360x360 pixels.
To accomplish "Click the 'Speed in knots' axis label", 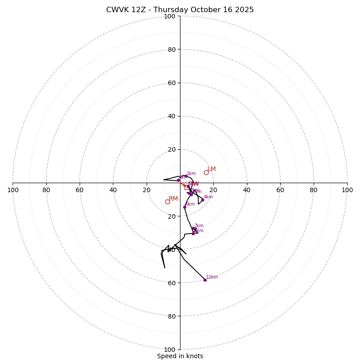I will point(180,356).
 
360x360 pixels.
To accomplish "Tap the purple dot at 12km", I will point(205,280).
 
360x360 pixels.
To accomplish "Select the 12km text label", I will point(212,277).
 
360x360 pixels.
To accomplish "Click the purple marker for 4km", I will point(202,200).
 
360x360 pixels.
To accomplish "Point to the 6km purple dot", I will point(184,207).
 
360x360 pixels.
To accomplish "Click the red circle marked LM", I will point(206,172).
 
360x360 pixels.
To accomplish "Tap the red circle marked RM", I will point(167,202).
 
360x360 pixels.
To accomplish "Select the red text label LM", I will point(211,169).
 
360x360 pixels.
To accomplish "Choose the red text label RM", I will point(173,198).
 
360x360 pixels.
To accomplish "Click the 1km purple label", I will point(191,174).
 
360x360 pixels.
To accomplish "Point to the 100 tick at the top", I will point(170,16).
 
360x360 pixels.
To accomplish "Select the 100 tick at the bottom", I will point(170,349).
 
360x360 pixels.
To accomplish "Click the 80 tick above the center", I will point(171,49).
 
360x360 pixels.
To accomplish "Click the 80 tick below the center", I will point(171,316).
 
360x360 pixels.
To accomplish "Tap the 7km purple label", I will point(199,226).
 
